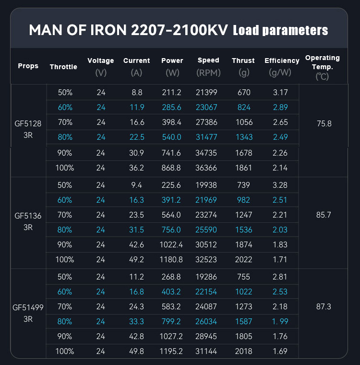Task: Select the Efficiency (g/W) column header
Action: click(x=282, y=66)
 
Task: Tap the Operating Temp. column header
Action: click(x=322, y=66)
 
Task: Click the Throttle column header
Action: click(x=63, y=67)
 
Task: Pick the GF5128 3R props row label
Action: click(x=28, y=130)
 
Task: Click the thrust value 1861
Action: click(x=243, y=168)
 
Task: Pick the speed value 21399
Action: click(x=208, y=92)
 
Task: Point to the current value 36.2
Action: click(x=136, y=168)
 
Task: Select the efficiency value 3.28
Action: click(x=280, y=185)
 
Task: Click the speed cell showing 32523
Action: click(x=208, y=260)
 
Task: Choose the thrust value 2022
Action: click(x=243, y=260)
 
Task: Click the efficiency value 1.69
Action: click(x=280, y=352)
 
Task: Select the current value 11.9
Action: click(x=136, y=108)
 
